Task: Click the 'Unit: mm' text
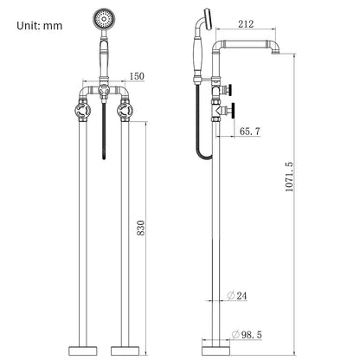pyautogui.click(x=40, y=26)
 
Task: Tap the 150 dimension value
pyautogui.click(x=137, y=76)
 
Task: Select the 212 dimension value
pyautogui.click(x=246, y=24)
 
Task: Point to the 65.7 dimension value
pyautogui.click(x=250, y=132)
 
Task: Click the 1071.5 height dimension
pyautogui.click(x=289, y=177)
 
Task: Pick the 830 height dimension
pyautogui.click(x=141, y=228)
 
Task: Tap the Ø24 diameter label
pyautogui.click(x=237, y=296)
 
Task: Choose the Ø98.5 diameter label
pyautogui.click(x=247, y=335)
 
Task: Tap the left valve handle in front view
pyautogui.click(x=83, y=111)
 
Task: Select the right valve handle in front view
pyautogui.click(x=125, y=111)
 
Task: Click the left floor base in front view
pyautogui.click(x=83, y=350)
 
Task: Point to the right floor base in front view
pyautogui.click(x=125, y=350)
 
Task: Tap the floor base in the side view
pyautogui.click(x=215, y=350)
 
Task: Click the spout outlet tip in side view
pyautogui.click(x=276, y=53)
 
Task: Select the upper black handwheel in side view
pyautogui.click(x=230, y=89)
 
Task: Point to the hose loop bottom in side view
pyautogui.click(x=203, y=156)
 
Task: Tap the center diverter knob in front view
pyautogui.click(x=104, y=91)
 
